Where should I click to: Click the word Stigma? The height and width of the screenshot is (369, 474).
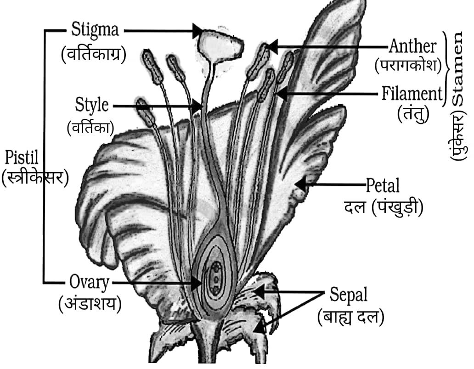point(95,30)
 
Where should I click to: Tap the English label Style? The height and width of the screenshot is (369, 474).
point(92,106)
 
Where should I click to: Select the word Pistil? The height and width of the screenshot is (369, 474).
point(21,158)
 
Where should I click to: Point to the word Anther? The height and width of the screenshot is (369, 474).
point(412,46)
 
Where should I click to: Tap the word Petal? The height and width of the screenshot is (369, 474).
point(383,186)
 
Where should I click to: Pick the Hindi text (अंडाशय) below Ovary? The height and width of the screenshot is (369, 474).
point(90,303)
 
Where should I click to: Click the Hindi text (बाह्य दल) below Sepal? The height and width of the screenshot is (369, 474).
point(350,317)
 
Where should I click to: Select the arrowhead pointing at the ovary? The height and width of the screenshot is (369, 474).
point(197,282)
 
